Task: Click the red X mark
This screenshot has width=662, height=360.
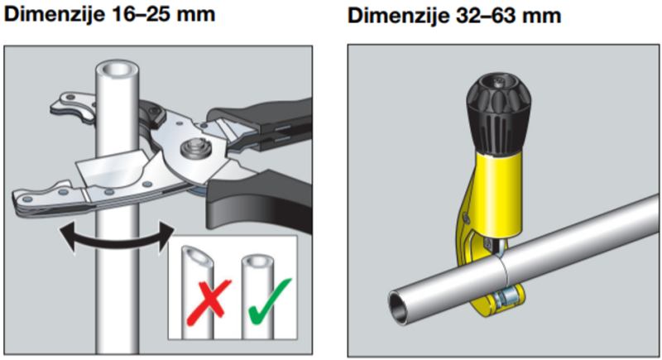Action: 209,302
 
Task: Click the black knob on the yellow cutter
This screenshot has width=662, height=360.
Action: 499,113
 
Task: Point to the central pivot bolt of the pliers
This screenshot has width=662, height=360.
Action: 194,149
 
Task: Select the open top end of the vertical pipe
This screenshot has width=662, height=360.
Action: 118,69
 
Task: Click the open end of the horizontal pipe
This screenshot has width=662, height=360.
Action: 399,307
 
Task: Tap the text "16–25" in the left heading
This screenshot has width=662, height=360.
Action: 137,14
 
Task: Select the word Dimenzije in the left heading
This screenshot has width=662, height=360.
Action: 54,14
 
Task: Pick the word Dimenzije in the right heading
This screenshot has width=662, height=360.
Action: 399,16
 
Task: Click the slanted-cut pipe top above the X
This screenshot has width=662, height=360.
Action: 197,257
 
